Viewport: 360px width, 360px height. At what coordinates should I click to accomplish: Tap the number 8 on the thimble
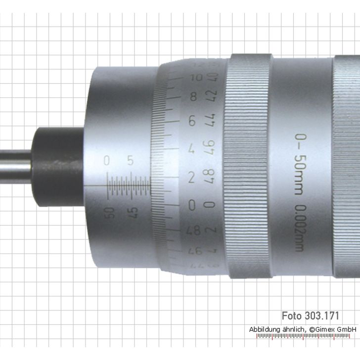(193, 96)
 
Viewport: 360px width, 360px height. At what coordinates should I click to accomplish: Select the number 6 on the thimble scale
(193, 120)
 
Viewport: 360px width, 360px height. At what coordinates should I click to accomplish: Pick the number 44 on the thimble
(213, 120)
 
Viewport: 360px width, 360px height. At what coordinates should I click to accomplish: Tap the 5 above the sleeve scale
(130, 160)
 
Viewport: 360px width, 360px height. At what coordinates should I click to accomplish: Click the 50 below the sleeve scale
(109, 213)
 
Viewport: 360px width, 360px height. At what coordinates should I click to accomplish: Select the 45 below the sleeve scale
(133, 213)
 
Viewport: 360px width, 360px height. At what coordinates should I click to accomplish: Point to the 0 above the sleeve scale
(106, 160)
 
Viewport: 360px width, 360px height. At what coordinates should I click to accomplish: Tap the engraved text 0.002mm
(300, 227)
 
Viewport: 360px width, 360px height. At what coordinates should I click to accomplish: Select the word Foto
(292, 315)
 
